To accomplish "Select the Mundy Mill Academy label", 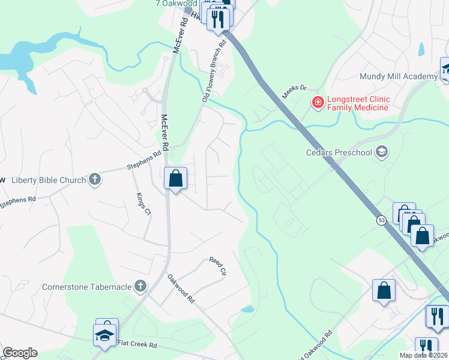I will pyautogui.click(x=398, y=76).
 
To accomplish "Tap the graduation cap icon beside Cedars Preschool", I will pyautogui.click(x=382, y=152).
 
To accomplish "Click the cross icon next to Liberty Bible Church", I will pyautogui.click(x=95, y=179).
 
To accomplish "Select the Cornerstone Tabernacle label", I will pyautogui.click(x=86, y=286).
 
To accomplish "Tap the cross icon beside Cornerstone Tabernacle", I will pyautogui.click(x=140, y=286).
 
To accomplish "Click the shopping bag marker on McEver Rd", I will pyautogui.click(x=175, y=179).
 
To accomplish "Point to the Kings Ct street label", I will pyautogui.click(x=143, y=203).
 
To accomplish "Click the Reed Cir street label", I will pyautogui.click(x=217, y=266).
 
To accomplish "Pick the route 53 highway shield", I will pyautogui.click(x=382, y=221).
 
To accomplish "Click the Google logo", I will pyautogui.click(x=20, y=353).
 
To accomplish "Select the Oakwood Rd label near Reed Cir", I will pyautogui.click(x=182, y=287).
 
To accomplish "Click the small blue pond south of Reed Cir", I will pyautogui.click(x=247, y=310).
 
